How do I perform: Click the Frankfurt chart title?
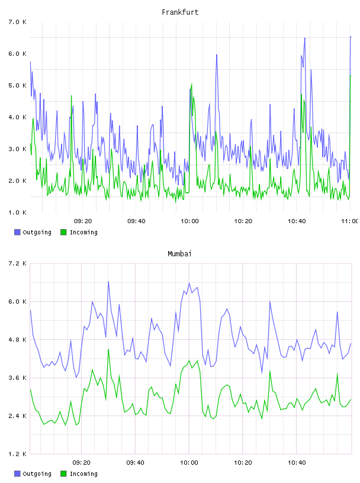(180, 12)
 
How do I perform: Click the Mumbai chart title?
(179, 254)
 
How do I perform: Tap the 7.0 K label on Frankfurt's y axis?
(17, 22)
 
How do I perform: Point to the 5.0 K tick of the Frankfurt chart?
(17, 86)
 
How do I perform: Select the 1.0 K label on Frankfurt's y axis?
(17, 212)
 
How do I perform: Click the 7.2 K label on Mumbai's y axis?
(17, 263)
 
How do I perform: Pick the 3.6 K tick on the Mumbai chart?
(17, 378)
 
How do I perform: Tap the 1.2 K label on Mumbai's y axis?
(17, 454)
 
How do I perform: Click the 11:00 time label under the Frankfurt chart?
(350, 221)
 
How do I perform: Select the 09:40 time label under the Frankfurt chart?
(136, 221)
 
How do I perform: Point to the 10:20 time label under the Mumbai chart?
(243, 463)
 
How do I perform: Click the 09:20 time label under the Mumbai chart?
(81, 463)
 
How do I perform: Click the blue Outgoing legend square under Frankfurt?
(17, 232)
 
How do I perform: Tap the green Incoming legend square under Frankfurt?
(63, 232)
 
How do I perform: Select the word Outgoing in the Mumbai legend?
(37, 474)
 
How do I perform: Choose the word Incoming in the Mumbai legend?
(83, 474)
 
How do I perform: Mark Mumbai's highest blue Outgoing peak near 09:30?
(108, 282)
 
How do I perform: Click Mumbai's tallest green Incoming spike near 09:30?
(108, 349)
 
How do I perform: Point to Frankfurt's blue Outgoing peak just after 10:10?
(217, 55)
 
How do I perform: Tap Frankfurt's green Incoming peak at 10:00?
(192, 83)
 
